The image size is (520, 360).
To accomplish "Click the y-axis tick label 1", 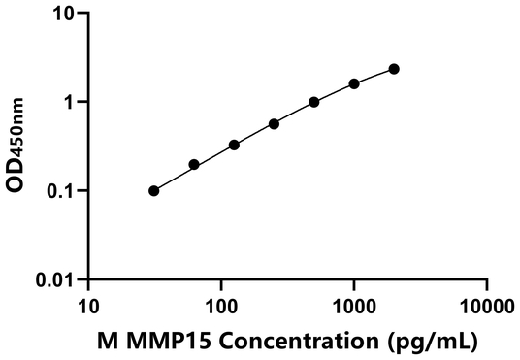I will point(71,102).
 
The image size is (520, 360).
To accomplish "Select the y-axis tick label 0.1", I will point(62,191).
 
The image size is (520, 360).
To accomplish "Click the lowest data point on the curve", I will point(154,191).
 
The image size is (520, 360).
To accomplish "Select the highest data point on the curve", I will point(394,69).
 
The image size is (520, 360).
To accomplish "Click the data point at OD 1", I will point(314,102).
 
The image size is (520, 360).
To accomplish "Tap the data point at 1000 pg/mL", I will point(354,83).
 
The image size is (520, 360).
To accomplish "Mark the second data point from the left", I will point(194,165).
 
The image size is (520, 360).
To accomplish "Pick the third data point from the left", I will point(234,145).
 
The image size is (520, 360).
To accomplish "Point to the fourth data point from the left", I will point(275,124).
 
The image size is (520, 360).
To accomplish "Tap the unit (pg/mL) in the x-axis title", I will point(432,342).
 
